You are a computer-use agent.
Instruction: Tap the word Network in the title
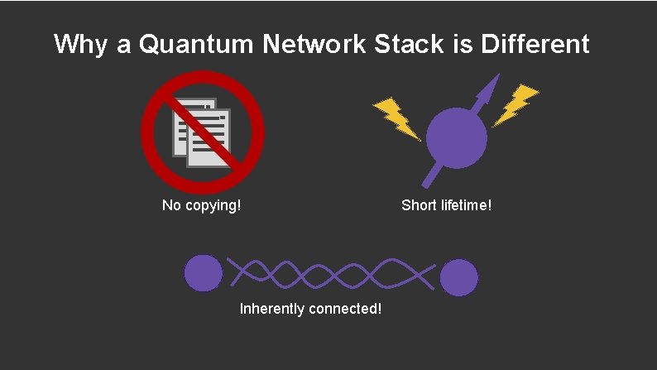(313, 44)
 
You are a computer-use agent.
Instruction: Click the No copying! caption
(202, 204)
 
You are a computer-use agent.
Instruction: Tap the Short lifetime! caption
(446, 204)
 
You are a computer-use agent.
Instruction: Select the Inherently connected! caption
(310, 309)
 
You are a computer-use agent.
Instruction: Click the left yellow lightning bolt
(395, 118)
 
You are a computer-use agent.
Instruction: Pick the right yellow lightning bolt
(516, 105)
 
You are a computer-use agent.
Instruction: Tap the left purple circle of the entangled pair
(203, 273)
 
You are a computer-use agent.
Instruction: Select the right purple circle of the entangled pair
(458, 277)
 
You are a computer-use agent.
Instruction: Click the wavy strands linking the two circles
(331, 274)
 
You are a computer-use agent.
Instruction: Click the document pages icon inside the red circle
(200, 132)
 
